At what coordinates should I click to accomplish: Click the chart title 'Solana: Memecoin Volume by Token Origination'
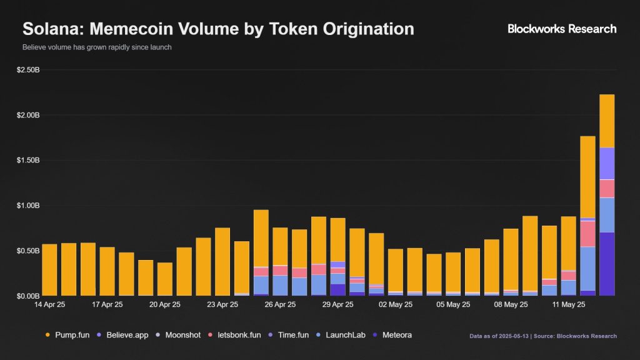click(x=218, y=29)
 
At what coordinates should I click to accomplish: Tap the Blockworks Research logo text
click(x=561, y=29)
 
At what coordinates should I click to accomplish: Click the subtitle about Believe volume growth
click(x=97, y=47)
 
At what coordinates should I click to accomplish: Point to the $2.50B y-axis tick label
click(x=28, y=70)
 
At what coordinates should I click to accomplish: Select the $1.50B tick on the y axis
click(x=28, y=161)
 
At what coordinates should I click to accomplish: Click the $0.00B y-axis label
click(x=28, y=296)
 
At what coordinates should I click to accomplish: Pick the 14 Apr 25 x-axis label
click(x=49, y=306)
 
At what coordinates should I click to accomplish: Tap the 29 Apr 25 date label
click(x=337, y=306)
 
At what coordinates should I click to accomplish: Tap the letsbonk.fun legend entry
click(x=236, y=335)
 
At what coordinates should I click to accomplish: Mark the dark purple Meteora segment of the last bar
click(x=607, y=263)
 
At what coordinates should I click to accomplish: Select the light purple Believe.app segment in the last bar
click(x=607, y=163)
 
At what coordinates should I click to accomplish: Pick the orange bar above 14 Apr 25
click(x=49, y=269)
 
